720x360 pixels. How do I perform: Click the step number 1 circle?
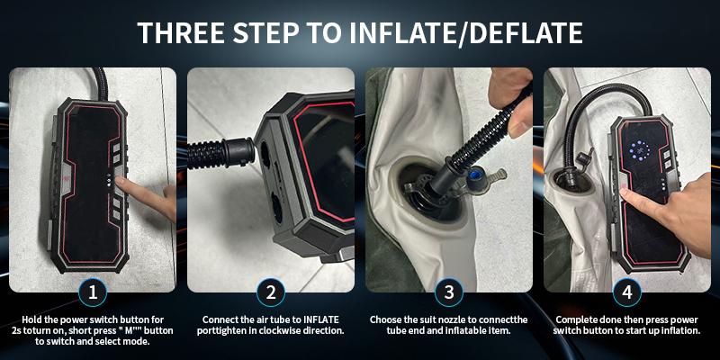click(x=93, y=292)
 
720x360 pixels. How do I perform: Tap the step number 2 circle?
click(x=271, y=292)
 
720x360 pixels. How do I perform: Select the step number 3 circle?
click(x=448, y=292)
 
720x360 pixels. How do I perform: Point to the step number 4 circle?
click(x=626, y=292)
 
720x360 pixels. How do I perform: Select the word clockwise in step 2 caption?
click(x=290, y=330)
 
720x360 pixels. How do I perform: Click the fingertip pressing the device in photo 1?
click(x=120, y=183)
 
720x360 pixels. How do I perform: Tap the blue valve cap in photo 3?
click(x=474, y=175)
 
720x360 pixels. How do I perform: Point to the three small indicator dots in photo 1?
click(x=109, y=181)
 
